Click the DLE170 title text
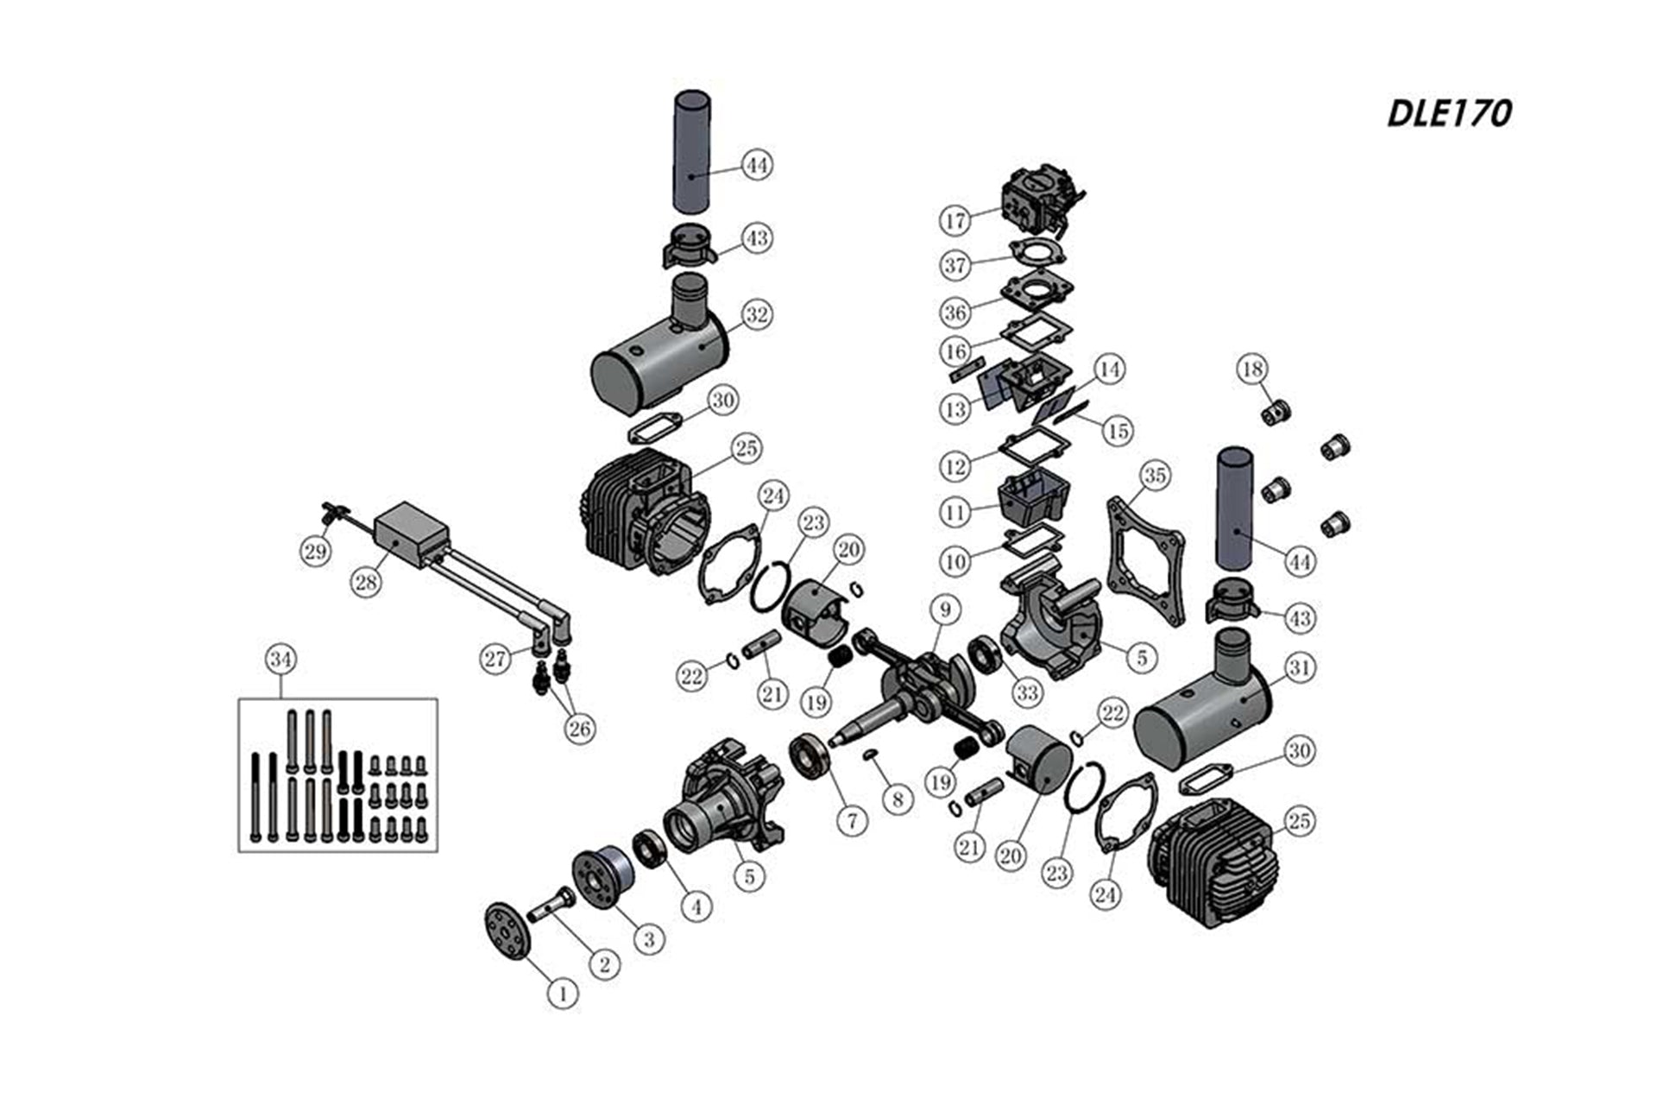click(x=1449, y=113)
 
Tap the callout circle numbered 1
click(x=563, y=994)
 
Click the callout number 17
click(x=955, y=220)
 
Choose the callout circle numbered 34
click(x=280, y=660)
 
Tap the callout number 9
click(x=946, y=610)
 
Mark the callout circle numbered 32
click(x=757, y=315)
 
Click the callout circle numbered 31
click(x=1299, y=667)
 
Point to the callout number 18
click(x=1252, y=369)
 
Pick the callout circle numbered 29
click(x=315, y=550)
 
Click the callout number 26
click(x=579, y=729)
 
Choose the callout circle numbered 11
click(x=955, y=513)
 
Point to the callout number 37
click(x=955, y=265)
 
